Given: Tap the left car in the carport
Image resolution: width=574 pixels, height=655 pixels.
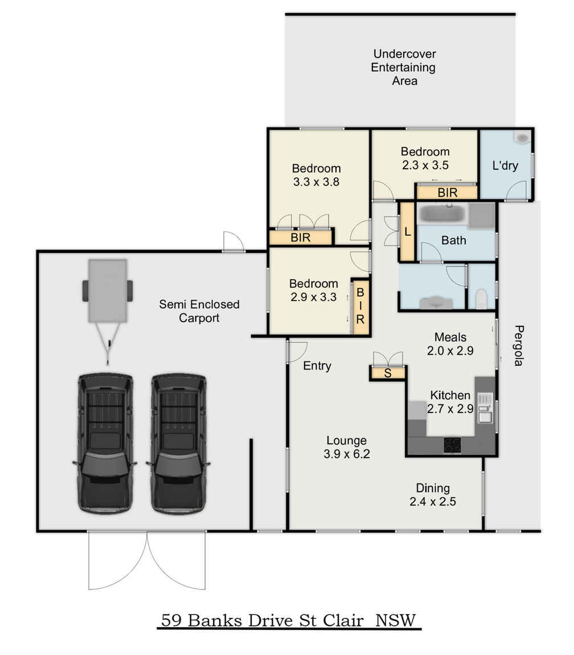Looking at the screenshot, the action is coord(105,443).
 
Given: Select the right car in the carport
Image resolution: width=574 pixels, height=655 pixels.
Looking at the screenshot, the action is coord(178,443).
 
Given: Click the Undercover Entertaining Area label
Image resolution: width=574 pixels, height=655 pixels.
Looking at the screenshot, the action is coord(404,67).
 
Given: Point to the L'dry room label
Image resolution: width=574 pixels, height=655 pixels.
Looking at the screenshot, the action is coord(505,165).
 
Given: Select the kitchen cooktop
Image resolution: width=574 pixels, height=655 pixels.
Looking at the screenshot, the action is coord(452,445).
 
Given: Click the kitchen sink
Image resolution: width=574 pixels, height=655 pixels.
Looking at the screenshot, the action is coord(485,408).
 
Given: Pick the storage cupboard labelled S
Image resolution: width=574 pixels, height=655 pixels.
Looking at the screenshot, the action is coord(388,373).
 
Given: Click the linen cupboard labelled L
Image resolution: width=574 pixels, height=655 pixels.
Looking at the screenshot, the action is coord(407,231).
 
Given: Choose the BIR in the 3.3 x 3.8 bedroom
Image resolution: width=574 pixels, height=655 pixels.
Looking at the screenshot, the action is coord(301,238).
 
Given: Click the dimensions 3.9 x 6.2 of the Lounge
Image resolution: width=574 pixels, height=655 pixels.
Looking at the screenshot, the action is coord(347,454).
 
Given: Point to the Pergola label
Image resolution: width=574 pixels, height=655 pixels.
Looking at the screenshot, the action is coord(518,346).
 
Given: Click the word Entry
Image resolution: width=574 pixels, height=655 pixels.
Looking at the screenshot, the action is coord(317,366).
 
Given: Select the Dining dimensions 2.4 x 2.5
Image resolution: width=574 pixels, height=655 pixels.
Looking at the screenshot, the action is coord(433,502).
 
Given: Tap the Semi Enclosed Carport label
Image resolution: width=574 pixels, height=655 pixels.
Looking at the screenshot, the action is coord(199,311).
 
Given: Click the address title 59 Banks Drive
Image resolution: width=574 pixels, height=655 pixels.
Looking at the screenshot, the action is coord(228,620).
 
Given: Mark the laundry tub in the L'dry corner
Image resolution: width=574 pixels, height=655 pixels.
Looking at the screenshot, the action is coord(522,138).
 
